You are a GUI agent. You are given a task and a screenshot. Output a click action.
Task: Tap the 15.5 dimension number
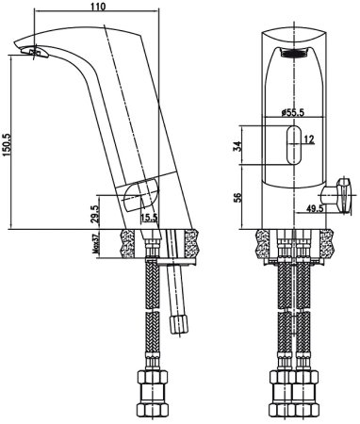(x=147, y=218)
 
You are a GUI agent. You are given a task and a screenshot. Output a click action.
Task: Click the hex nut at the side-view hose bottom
(x=153, y=387)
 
